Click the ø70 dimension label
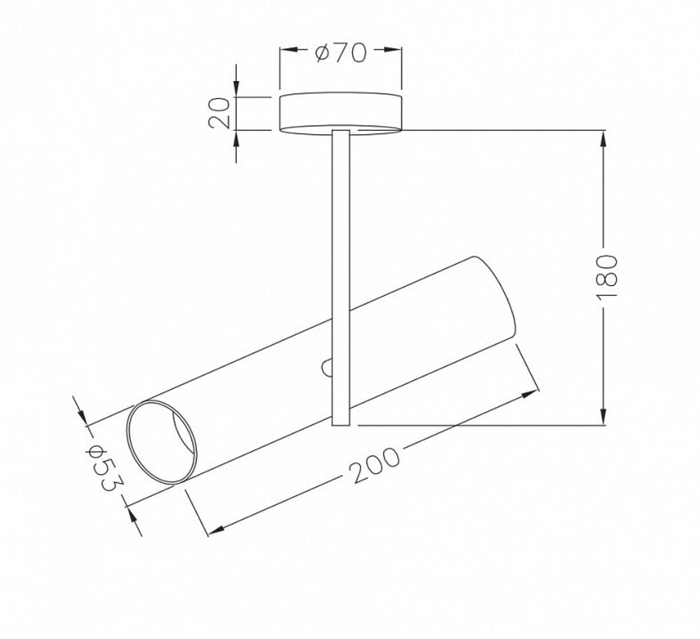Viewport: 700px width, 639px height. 340,52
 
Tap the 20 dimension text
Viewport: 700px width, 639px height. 220,113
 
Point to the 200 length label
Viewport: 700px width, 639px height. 374,465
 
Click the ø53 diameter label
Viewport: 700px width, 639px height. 104,468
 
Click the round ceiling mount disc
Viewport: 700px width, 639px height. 340,113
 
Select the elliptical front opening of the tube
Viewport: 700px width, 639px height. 161,441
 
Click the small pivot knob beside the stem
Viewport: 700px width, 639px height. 327,368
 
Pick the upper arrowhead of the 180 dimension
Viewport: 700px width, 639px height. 603,138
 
